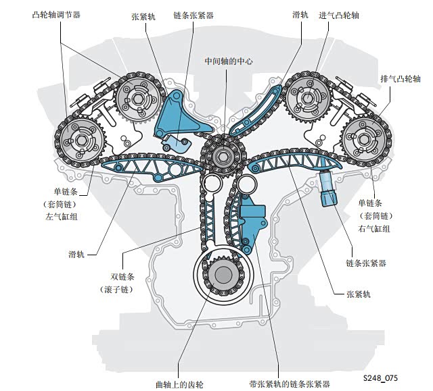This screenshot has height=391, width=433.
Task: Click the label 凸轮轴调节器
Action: click(56, 15)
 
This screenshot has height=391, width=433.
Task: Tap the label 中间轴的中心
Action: click(229, 61)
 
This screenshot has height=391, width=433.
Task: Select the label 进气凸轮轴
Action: click(339, 15)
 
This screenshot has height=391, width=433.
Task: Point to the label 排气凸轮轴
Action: click(401, 79)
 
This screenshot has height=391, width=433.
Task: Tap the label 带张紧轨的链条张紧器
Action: click(290, 384)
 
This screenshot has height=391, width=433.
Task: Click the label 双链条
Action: click(122, 276)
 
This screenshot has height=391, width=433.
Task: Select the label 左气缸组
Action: click(62, 217)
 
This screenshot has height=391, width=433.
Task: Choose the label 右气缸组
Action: click(374, 228)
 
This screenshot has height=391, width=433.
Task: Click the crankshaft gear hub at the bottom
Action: click(223, 276)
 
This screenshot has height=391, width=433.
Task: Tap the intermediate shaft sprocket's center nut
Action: click(223, 157)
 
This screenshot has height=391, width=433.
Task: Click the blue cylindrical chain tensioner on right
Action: click(327, 188)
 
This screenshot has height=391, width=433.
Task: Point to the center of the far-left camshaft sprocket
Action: click(81, 140)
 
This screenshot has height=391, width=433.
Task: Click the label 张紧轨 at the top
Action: click(143, 17)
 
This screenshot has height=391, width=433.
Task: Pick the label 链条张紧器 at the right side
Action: click(366, 263)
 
